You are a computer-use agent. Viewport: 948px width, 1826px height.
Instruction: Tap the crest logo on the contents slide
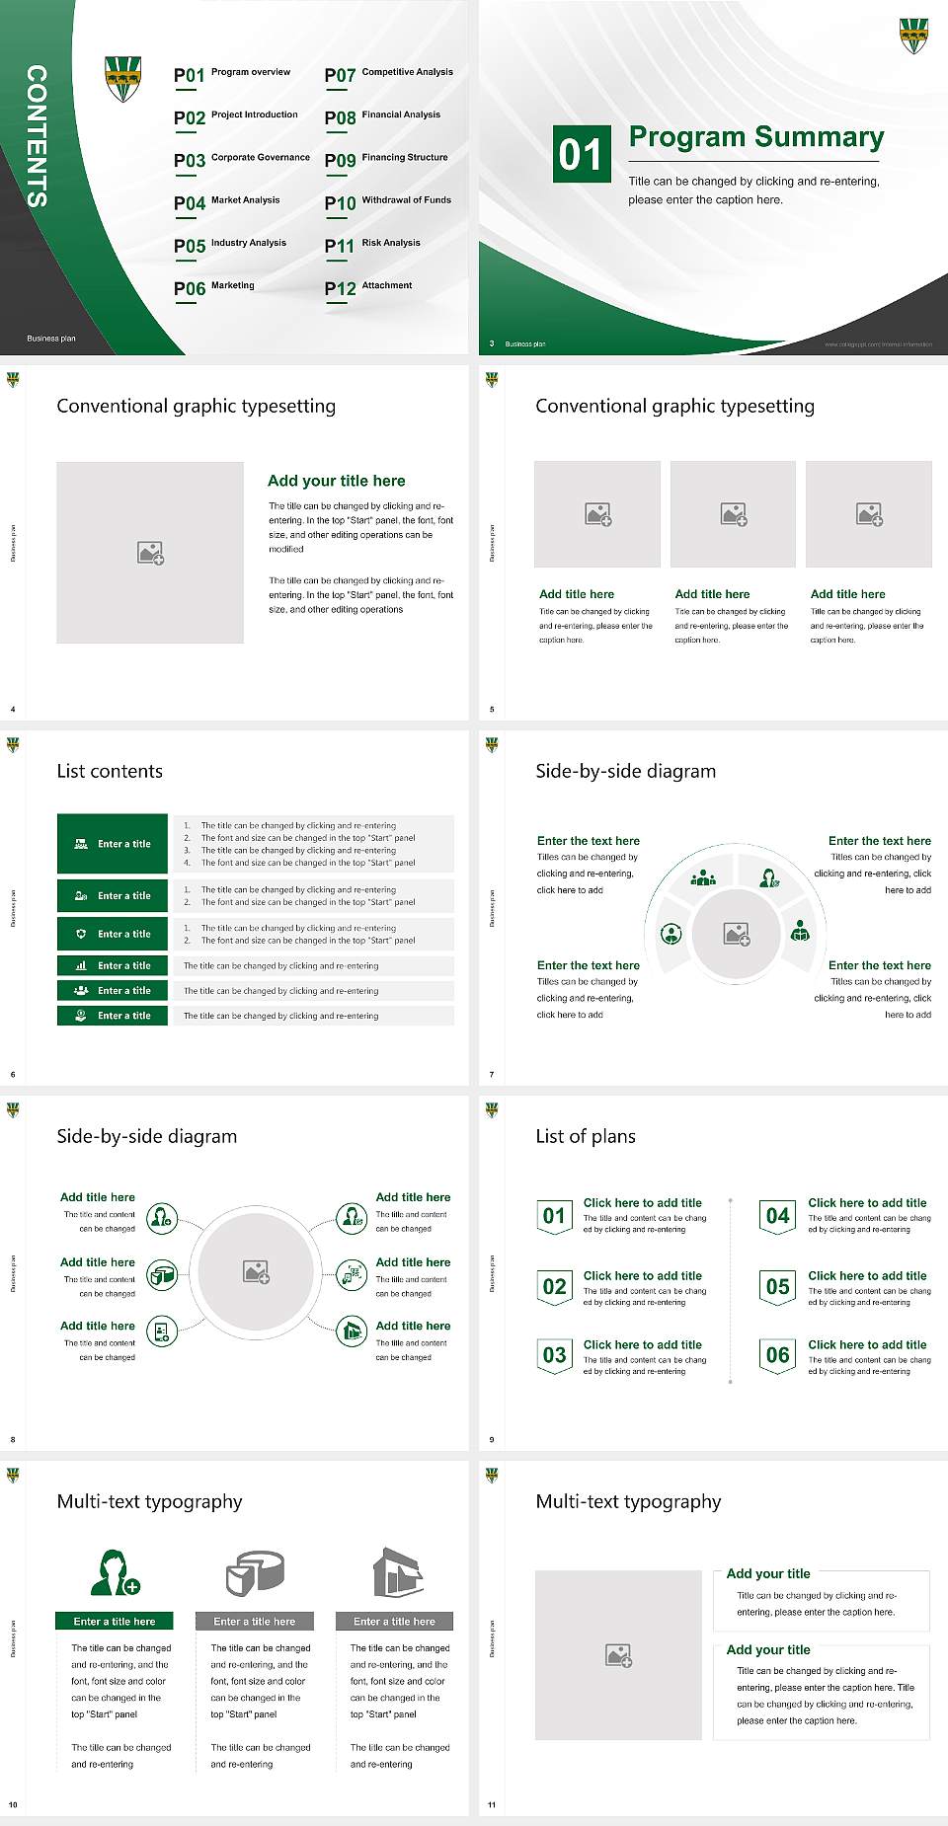coord(122,79)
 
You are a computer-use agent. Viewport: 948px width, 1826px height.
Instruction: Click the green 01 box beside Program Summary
coord(580,154)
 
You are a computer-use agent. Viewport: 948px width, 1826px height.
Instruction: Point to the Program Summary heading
coord(755,137)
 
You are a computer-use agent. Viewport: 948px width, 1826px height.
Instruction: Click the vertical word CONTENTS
coord(37,136)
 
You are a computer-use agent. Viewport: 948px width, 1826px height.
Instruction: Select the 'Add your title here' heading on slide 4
coord(336,481)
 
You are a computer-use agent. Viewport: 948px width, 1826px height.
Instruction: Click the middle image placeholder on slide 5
coord(733,514)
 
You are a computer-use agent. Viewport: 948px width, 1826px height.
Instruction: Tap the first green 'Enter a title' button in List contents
coord(113,844)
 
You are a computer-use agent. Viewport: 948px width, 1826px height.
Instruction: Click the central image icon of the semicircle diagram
coord(737,934)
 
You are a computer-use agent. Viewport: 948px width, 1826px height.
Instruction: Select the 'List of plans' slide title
coord(585,1136)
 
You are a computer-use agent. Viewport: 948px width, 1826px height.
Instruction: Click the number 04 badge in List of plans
coord(778,1217)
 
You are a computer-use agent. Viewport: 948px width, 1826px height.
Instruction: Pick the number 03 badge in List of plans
coord(554,1356)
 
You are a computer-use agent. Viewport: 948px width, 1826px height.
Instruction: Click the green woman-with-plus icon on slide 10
coord(115,1573)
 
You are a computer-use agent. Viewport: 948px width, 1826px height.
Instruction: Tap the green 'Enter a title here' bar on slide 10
coord(115,1621)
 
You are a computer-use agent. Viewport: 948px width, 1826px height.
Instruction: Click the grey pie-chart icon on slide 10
coord(255,1572)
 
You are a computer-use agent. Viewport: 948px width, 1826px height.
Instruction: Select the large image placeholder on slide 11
coord(618,1655)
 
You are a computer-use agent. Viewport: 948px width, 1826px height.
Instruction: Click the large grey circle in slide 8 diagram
coord(256,1272)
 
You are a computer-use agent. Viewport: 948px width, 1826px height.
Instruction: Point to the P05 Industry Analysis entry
coord(229,245)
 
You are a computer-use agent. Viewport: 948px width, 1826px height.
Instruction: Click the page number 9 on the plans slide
coord(492,1439)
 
